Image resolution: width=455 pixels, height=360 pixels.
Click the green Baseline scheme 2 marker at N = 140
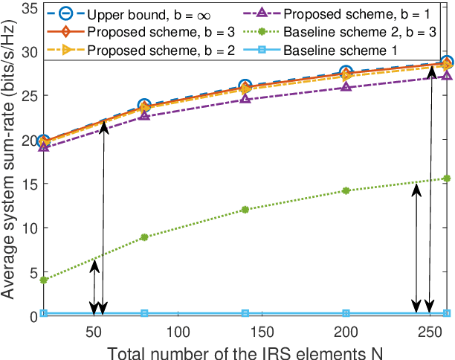[245, 210]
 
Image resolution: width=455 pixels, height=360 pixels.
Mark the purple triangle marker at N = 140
[245, 99]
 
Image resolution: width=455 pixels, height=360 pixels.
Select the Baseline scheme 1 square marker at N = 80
[144, 313]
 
